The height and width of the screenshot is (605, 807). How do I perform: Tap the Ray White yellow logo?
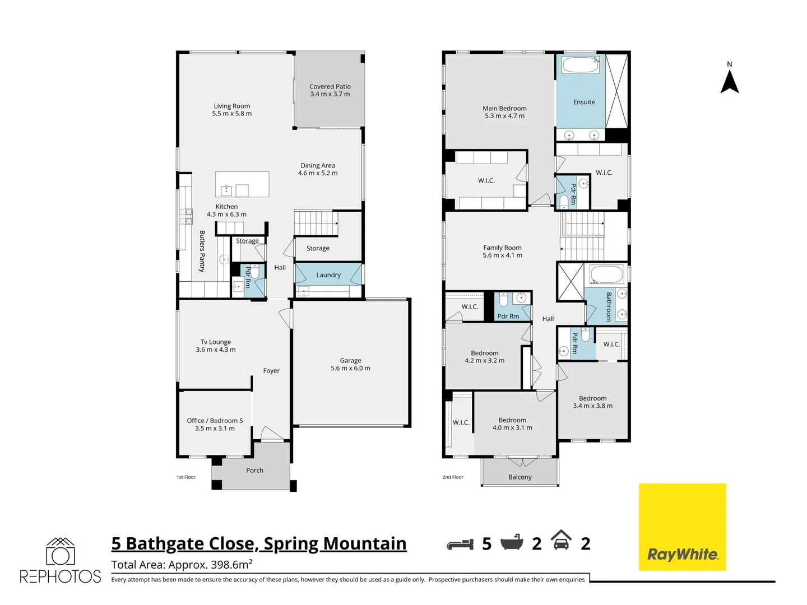683,527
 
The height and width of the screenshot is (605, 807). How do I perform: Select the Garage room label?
350,361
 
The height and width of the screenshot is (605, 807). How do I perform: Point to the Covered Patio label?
330,87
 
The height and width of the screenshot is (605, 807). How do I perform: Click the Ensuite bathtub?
581,65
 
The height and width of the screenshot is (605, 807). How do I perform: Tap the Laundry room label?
328,275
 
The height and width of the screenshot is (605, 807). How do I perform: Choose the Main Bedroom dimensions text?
504,116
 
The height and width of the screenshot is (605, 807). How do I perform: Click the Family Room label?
502,248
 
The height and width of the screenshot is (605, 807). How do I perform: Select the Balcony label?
520,477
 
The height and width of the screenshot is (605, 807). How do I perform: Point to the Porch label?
254,471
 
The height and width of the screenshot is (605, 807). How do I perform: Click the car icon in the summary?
561,541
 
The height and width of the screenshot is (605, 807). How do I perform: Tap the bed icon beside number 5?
460,544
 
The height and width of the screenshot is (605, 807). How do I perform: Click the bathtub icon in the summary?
512,542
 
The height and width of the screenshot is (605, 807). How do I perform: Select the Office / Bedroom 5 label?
215,421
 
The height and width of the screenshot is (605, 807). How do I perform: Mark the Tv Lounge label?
216,342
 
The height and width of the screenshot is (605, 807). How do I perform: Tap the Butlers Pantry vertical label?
202,251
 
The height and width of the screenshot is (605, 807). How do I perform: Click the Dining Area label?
318,165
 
